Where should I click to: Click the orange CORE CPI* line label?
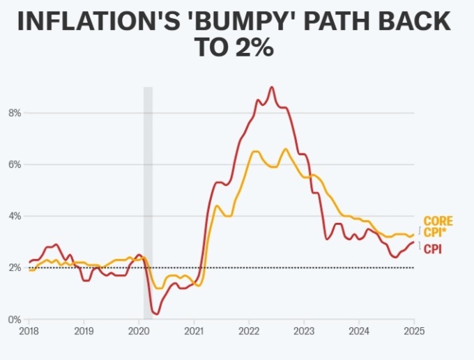coord(438,227)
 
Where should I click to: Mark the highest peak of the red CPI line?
coord(271,87)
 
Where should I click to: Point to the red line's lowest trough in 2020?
coord(156,314)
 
